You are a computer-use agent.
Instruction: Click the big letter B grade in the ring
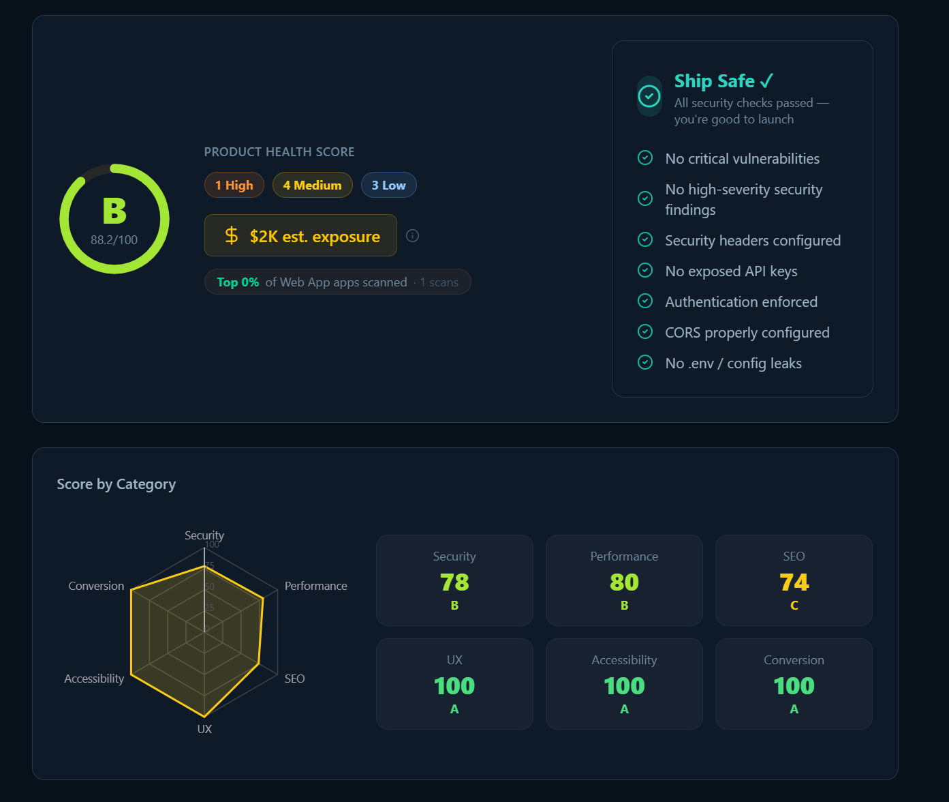(114, 211)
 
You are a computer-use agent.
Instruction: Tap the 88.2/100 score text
(114, 240)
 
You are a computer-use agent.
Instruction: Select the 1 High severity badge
(234, 185)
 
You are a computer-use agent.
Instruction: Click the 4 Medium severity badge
(312, 185)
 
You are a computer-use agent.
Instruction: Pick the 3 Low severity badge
(388, 185)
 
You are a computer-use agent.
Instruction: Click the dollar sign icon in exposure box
(232, 236)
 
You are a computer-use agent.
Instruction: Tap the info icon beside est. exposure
(412, 236)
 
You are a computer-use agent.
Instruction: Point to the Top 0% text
(238, 282)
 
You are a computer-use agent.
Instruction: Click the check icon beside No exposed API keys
(645, 271)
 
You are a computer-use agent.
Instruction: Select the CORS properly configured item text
(747, 333)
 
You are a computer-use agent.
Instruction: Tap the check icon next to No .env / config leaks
(645, 363)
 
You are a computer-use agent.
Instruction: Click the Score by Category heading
(116, 484)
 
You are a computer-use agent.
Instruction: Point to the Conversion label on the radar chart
(96, 586)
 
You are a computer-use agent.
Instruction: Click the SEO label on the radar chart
(294, 679)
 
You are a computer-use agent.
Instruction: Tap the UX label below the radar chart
(204, 729)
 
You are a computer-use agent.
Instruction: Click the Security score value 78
(454, 582)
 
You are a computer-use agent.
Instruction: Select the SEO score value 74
(794, 582)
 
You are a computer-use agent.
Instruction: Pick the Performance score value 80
(624, 582)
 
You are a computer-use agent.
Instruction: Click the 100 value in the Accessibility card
(624, 686)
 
